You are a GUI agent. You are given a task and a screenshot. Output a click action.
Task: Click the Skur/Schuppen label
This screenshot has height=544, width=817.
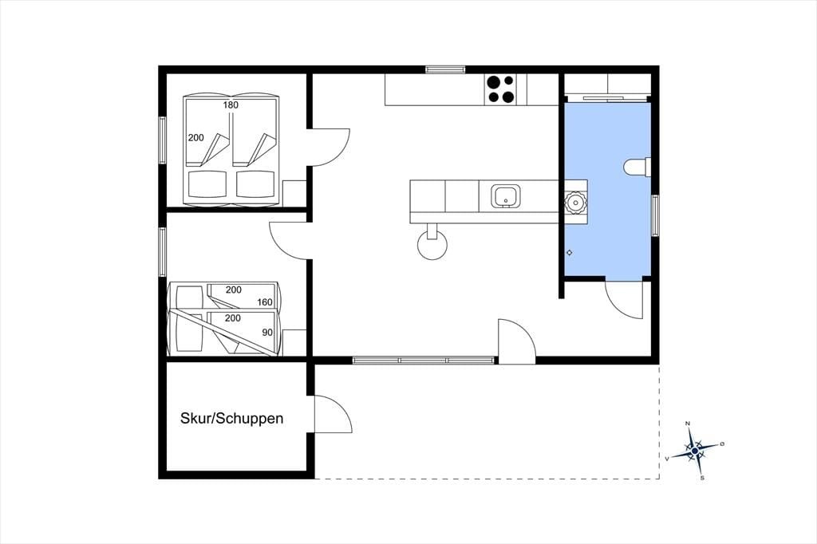click(232, 419)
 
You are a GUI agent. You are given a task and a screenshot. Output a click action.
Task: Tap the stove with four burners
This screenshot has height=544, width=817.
click(501, 89)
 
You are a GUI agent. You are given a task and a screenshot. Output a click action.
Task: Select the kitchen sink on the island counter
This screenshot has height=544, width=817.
click(505, 196)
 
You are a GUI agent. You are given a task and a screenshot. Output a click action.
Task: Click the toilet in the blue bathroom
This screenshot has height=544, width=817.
click(637, 168)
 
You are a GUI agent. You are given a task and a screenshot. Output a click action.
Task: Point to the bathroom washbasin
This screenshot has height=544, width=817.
click(575, 202)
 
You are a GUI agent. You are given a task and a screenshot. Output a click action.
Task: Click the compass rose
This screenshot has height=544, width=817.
click(695, 451)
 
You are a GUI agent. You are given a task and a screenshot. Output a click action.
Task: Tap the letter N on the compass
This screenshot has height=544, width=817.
click(688, 423)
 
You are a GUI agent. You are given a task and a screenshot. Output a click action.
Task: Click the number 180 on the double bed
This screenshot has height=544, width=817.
click(231, 104)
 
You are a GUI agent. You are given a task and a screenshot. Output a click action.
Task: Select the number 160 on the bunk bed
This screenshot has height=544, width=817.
click(265, 302)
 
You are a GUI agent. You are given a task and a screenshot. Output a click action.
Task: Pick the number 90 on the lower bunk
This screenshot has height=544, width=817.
click(267, 333)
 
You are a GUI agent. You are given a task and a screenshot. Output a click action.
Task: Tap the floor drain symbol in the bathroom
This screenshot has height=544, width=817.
click(570, 253)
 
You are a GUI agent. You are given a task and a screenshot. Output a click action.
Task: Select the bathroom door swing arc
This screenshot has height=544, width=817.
click(616, 307)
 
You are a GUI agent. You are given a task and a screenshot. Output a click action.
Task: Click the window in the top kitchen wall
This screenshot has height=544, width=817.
click(445, 69)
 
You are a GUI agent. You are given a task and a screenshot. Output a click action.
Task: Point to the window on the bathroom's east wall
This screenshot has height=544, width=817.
click(655, 215)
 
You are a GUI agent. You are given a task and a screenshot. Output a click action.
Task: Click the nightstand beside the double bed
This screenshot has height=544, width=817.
click(294, 193)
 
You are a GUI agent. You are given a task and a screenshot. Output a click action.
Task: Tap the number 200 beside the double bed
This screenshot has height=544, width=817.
click(196, 138)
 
